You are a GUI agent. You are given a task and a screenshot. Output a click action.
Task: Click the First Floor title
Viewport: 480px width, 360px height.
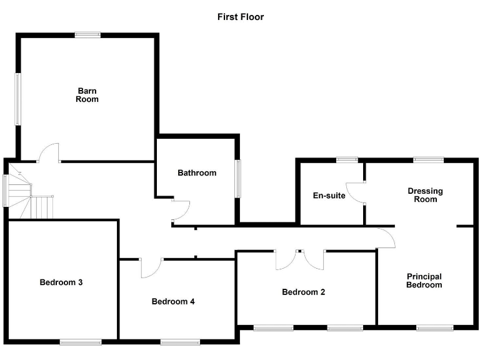pyautogui.click(x=240, y=17)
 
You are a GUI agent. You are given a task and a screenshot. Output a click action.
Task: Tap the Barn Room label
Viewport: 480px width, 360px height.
pyautogui.click(x=87, y=94)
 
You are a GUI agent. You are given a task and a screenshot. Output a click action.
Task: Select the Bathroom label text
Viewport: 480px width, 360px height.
pyautogui.click(x=197, y=173)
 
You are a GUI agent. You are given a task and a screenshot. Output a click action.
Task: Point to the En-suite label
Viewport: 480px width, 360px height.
pyautogui.click(x=329, y=196)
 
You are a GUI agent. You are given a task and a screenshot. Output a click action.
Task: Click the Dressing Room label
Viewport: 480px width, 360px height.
pyautogui.click(x=425, y=195)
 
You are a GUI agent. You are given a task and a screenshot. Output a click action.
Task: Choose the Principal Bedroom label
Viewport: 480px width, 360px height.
pyautogui.click(x=424, y=281)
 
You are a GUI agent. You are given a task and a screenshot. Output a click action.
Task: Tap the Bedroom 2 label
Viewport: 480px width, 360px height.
pyautogui.click(x=304, y=292)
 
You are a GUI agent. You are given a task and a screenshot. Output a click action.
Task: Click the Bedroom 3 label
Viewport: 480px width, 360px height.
pyautogui.click(x=61, y=282)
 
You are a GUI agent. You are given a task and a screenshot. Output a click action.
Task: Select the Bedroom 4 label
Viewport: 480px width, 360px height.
pyautogui.click(x=174, y=302)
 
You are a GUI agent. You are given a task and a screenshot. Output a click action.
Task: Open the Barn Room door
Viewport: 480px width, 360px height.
pyautogui.click(x=49, y=153)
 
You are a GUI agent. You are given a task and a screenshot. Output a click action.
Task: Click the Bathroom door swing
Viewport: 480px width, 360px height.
pyautogui.click(x=180, y=211)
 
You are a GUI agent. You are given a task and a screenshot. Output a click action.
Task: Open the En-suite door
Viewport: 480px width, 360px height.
pyautogui.click(x=357, y=193)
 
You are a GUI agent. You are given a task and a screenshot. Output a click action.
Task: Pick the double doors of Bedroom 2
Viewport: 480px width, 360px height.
pyautogui.click(x=300, y=258)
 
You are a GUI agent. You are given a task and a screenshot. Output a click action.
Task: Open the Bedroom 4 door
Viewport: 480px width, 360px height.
pyautogui.click(x=151, y=267)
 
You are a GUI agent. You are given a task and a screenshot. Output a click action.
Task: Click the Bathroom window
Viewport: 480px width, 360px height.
pyautogui.click(x=237, y=179)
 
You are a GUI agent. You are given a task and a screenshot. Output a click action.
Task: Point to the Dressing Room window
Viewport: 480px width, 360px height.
pyautogui.click(x=428, y=159)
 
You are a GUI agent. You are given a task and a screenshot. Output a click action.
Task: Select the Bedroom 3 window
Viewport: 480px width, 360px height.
pyautogui.click(x=81, y=341)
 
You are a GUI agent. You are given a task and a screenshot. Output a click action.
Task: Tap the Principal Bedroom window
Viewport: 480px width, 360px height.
pyautogui.click(x=435, y=327)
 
